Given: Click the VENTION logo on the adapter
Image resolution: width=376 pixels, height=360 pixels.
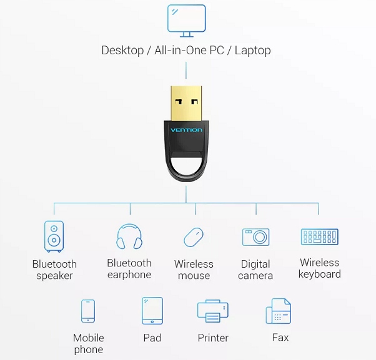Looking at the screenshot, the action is coord(186,130).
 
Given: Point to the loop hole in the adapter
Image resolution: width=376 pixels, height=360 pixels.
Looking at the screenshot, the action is coord(186,167).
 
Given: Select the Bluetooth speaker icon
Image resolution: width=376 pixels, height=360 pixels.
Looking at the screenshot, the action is coord(54,236).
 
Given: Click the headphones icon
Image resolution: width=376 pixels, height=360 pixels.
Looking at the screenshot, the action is coord(129,236).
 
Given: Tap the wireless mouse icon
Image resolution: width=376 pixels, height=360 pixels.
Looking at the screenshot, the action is coord(193,237).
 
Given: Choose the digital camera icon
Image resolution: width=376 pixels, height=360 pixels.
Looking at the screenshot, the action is coord(255,237).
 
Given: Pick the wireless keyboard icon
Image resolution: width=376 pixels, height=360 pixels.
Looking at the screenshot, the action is coord(319,236).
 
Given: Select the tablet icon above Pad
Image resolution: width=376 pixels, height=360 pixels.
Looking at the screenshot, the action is coord(152,311).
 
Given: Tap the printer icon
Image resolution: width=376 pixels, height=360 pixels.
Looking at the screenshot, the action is coord(212,311).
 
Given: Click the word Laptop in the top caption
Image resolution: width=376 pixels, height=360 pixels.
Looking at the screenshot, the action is coord(253,51).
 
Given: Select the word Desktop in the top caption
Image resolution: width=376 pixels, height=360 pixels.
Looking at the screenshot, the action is coord(122,51).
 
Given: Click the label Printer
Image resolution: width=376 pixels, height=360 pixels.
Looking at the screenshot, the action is coord(212,338).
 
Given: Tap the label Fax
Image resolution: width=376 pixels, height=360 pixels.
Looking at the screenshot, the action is coord(280,338).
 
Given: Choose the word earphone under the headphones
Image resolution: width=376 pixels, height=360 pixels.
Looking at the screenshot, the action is coord(129,275).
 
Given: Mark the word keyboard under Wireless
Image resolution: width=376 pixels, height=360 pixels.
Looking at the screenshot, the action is coord(320,275).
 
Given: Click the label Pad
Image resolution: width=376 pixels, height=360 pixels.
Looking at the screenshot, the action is coord(152,338).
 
